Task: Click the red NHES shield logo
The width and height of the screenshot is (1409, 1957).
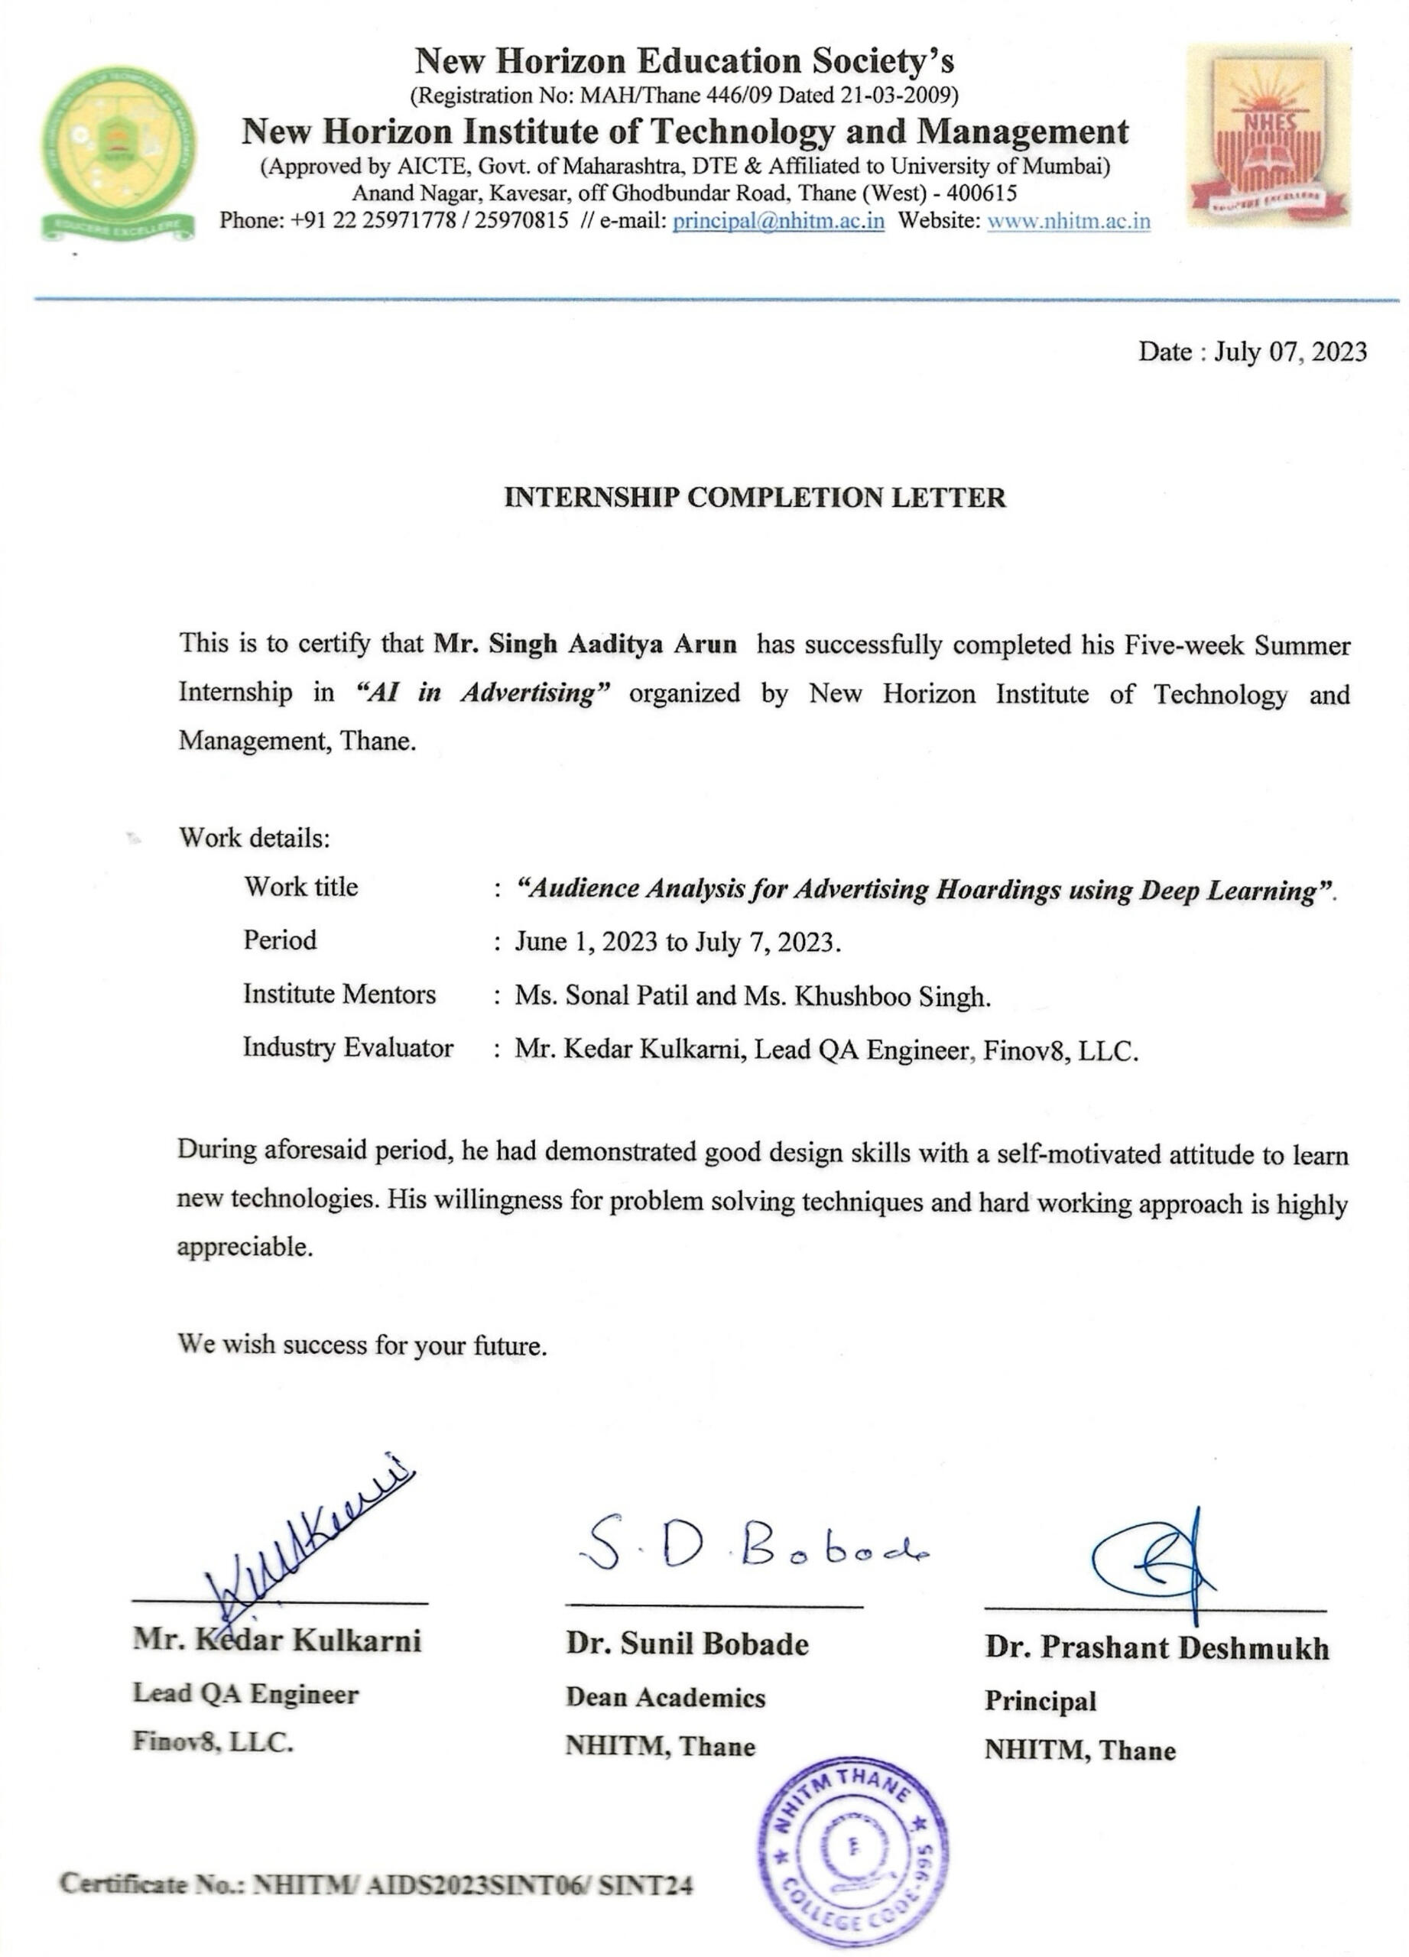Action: [x=1268, y=136]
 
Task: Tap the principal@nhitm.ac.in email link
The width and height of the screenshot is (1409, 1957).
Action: [x=778, y=221]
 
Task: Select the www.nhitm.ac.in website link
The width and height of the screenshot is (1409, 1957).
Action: [x=1068, y=221]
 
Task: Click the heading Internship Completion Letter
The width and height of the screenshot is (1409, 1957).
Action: [x=755, y=498]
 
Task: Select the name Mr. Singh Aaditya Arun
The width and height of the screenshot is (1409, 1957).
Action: [x=585, y=644]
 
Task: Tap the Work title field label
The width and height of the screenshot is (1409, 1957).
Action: [x=300, y=887]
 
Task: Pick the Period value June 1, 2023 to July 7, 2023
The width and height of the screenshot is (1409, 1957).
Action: [x=677, y=941]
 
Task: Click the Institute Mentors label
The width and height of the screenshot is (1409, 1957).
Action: [x=339, y=994]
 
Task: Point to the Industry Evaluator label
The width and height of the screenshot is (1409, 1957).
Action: [x=348, y=1047]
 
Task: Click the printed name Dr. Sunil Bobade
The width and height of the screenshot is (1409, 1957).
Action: [x=687, y=1644]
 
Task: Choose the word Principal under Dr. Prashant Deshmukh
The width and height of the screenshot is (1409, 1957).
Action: [x=1040, y=1701]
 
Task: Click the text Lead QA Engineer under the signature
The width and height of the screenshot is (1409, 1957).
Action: [x=245, y=1694]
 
